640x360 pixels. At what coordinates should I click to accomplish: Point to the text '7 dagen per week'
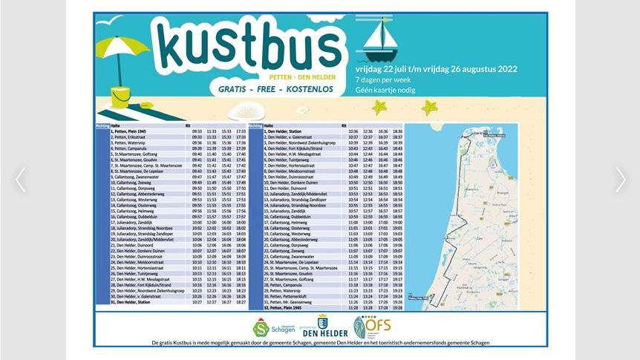[x=383, y=79]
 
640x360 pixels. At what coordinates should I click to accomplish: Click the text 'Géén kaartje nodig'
[x=385, y=90]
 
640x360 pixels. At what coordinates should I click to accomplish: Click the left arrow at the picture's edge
[x=20, y=180]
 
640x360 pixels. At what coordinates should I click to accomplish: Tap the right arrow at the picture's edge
[x=620, y=180]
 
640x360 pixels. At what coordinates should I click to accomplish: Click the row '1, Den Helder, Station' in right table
[x=290, y=131]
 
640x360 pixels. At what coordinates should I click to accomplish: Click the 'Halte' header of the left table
[x=116, y=125]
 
